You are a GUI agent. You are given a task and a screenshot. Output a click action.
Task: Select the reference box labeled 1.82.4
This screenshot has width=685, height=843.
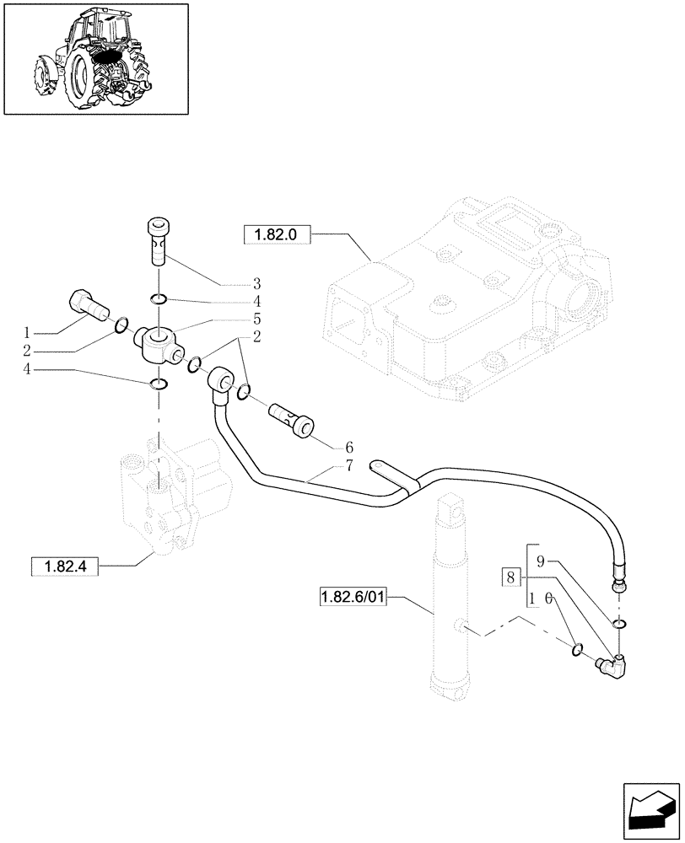pos(65,567)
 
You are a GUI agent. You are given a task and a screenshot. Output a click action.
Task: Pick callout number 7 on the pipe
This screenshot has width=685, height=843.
pos(325,465)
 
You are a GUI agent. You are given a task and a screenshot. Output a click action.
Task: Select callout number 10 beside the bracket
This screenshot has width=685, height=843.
pos(541,599)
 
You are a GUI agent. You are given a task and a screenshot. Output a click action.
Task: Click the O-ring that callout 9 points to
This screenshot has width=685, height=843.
pos(620,623)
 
